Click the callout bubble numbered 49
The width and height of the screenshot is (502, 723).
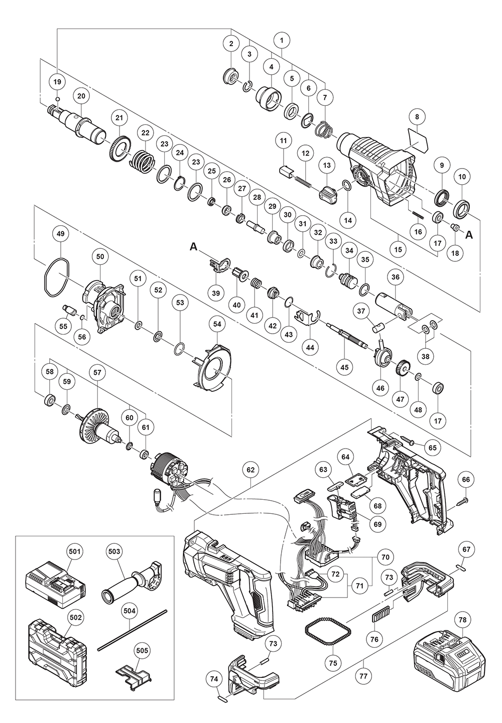(x=60, y=234)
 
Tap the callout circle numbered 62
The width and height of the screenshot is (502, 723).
(x=250, y=470)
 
